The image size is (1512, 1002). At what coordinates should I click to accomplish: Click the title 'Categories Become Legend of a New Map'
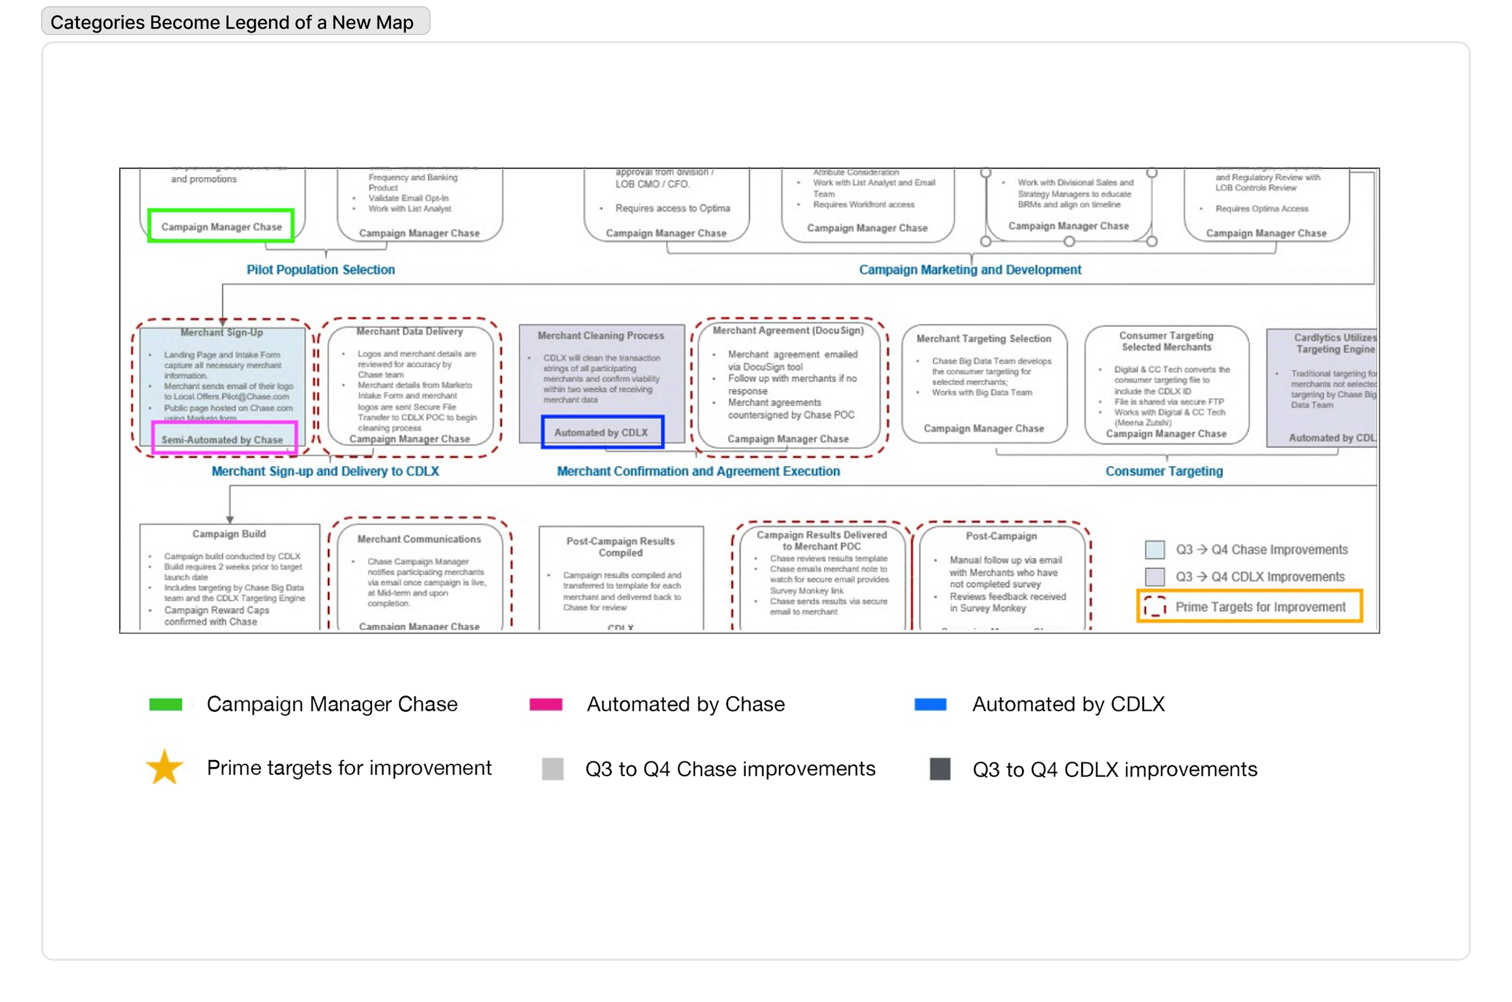tap(232, 22)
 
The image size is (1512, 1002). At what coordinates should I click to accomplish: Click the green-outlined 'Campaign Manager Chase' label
tap(221, 226)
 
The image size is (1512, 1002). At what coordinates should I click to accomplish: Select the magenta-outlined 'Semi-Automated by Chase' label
tap(224, 439)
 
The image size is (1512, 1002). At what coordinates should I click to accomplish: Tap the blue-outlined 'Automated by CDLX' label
tap(602, 433)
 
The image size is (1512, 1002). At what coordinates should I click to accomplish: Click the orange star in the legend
tap(165, 768)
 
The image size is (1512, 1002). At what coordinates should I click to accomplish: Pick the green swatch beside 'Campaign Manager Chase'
tap(166, 704)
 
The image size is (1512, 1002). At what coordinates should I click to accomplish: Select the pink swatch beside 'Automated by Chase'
tap(546, 704)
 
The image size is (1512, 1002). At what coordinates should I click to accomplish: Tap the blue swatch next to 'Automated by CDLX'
tap(930, 704)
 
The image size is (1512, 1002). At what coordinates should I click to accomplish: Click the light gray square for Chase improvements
tap(552, 769)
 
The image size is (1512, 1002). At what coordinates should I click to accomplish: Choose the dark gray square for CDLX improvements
tap(940, 769)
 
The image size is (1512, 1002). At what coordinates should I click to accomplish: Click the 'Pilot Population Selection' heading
tap(321, 270)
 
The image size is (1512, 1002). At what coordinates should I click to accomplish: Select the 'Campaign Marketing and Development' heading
tap(970, 270)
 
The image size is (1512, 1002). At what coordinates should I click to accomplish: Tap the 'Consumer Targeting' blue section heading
tap(1164, 471)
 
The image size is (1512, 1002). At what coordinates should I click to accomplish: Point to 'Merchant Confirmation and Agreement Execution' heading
tap(698, 471)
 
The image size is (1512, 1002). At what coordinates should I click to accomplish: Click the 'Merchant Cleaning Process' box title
tap(601, 335)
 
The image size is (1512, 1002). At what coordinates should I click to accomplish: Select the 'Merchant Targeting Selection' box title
tap(983, 338)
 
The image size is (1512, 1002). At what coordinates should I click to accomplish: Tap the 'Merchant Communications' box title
tap(419, 538)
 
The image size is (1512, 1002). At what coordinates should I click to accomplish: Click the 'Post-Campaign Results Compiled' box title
tap(620, 546)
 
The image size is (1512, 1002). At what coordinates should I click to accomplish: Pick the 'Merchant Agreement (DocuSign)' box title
tap(787, 331)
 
